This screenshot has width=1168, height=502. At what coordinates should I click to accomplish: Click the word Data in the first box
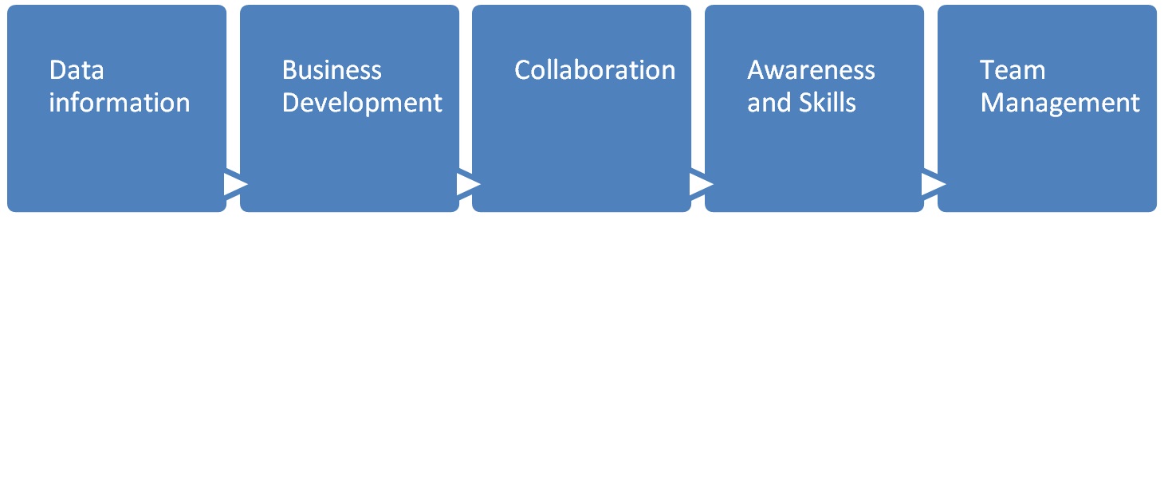[77, 70]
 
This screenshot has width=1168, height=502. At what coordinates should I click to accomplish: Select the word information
[120, 103]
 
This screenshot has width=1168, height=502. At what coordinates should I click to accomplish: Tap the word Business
[332, 70]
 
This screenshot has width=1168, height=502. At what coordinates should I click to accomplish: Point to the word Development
[362, 103]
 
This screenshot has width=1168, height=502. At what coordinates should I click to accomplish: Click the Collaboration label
[595, 70]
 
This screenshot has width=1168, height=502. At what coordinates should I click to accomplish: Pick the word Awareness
[811, 70]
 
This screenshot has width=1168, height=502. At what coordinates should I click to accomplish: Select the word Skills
[829, 103]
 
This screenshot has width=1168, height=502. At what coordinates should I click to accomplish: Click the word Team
[1012, 70]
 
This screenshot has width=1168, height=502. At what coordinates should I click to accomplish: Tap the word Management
[1060, 103]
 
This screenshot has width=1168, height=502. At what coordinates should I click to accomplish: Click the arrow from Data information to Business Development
[234, 184]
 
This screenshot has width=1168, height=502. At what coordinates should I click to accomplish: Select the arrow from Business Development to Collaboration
[466, 184]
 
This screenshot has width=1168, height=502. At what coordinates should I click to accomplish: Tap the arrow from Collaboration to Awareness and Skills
[699, 184]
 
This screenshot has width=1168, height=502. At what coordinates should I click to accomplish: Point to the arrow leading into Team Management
[932, 184]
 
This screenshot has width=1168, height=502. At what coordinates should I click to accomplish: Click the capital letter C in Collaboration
[523, 70]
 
